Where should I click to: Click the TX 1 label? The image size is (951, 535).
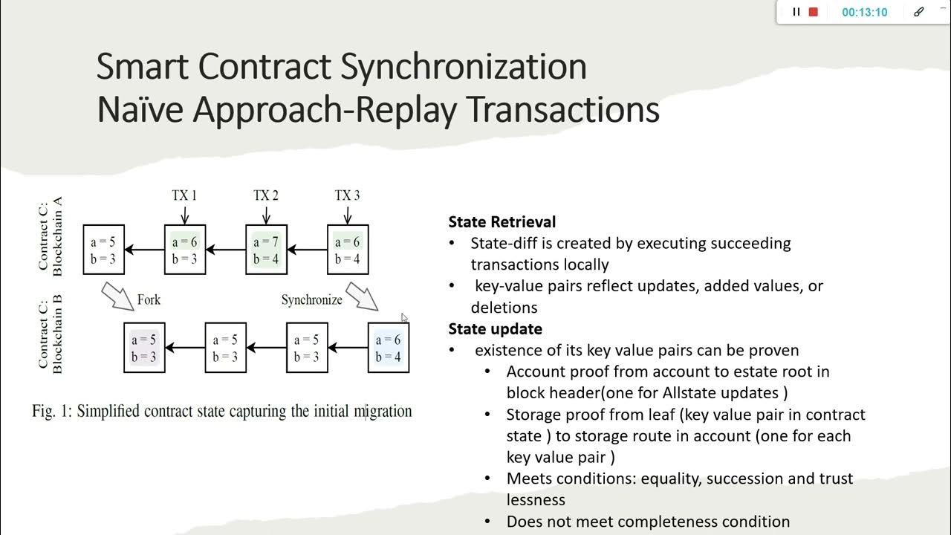[184, 195]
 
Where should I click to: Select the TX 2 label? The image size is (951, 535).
[266, 195]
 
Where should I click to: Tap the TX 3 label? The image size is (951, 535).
[347, 195]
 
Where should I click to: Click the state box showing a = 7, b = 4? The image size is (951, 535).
[266, 250]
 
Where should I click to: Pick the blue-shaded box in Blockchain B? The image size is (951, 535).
[389, 348]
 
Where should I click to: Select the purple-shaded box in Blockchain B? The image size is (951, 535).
[144, 348]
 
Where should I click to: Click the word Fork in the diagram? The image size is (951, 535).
[149, 300]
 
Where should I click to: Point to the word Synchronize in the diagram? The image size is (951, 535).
[311, 300]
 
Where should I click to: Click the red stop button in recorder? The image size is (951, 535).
[814, 12]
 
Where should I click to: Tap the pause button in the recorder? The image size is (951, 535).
[796, 12]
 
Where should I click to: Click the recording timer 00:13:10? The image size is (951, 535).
[864, 13]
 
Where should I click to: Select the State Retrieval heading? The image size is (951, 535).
[502, 221]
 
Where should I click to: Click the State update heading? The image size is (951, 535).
[495, 328]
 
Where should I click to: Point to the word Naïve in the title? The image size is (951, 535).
[141, 109]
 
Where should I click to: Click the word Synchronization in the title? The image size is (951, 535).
[464, 67]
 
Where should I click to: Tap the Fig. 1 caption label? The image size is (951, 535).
[51, 411]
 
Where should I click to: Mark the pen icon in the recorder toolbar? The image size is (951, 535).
[919, 12]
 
